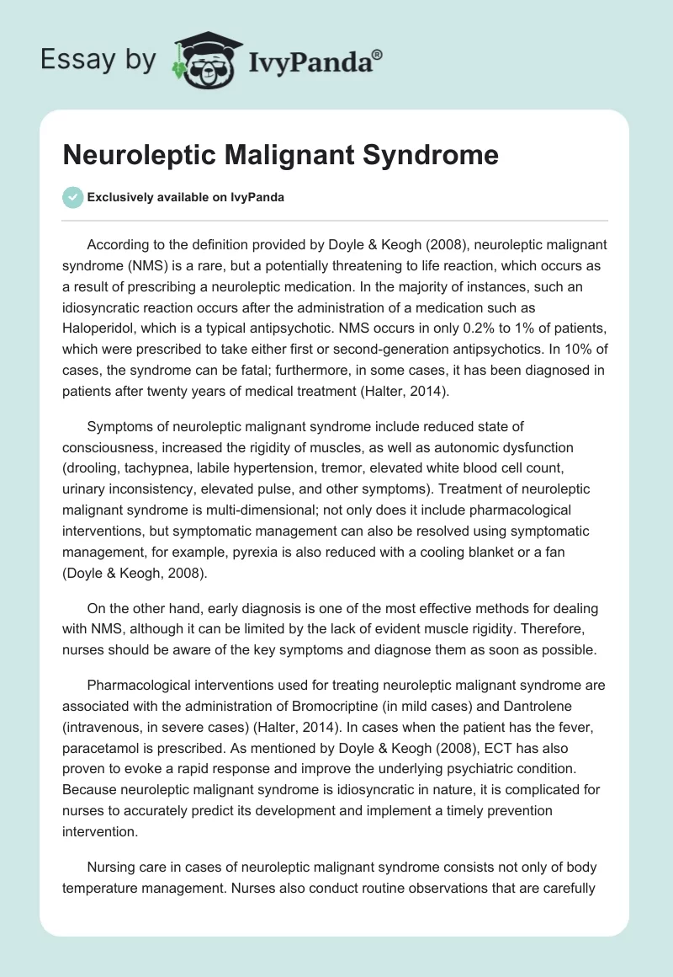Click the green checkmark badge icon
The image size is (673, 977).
pos(72,197)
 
